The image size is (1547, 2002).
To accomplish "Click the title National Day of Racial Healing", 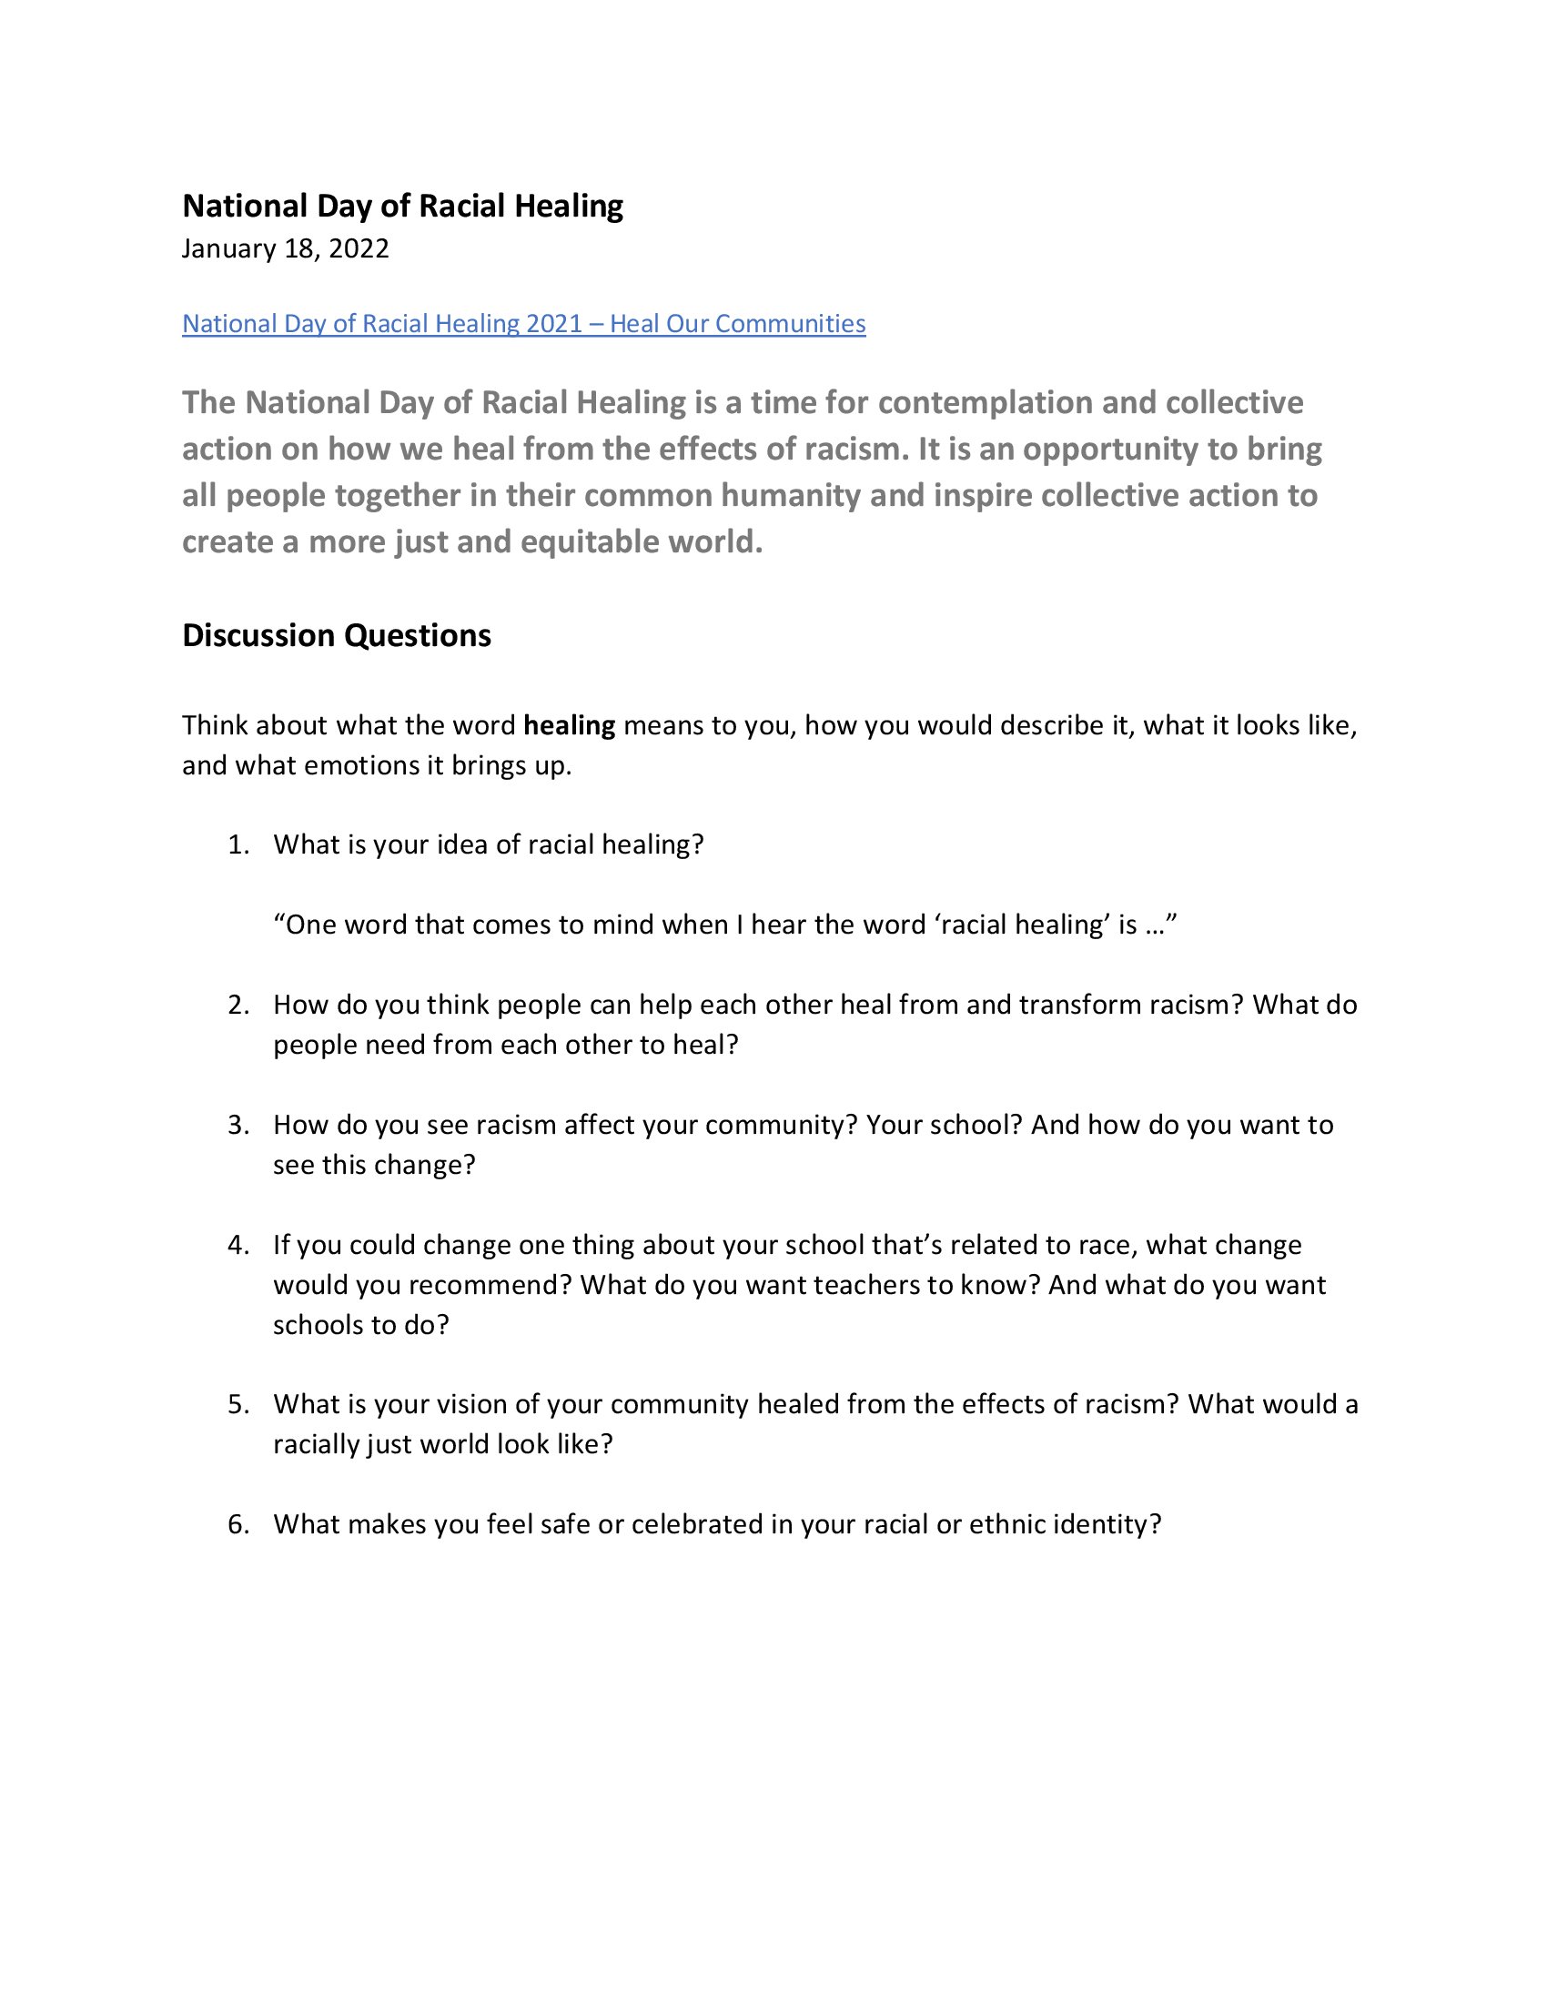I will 402,207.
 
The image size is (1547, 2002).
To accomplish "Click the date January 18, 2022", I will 285,249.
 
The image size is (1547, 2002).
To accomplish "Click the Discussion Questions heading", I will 337,635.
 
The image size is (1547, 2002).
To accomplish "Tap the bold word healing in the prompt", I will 569,725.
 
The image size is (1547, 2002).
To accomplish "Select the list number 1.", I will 238,844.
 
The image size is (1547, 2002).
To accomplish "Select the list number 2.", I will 238,1005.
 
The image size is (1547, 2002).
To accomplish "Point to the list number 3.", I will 238,1125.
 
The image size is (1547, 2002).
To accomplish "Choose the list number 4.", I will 238,1245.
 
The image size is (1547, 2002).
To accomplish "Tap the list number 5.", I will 238,1404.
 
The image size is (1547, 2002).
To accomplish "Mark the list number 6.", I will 238,1524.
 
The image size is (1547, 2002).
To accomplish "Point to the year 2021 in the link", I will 554,324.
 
